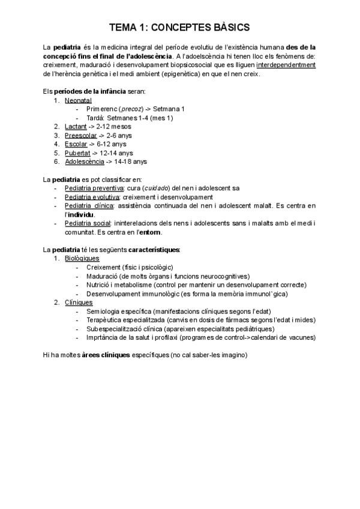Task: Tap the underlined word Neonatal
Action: point(78,100)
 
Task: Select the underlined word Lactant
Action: point(76,127)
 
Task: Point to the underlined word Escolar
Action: point(76,144)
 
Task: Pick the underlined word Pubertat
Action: point(77,153)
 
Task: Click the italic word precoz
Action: point(131,109)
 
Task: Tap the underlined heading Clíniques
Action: point(78,303)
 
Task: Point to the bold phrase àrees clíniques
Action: point(106,355)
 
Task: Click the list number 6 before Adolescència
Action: point(56,161)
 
